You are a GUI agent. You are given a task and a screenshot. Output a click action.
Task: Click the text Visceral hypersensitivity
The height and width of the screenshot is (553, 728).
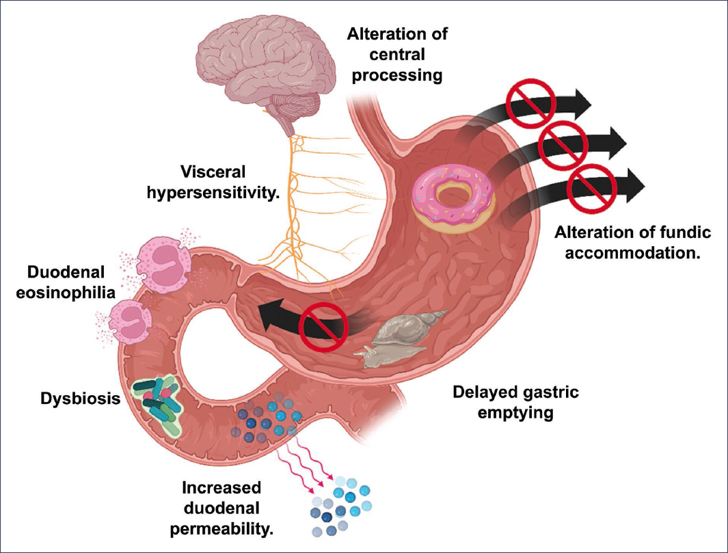213,183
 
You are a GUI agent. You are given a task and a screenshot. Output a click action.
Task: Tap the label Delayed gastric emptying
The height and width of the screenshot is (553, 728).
516,403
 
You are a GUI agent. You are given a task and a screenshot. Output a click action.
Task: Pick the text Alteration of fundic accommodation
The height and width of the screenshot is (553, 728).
633,241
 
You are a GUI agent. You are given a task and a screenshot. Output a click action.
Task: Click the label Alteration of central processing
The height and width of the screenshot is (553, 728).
394,53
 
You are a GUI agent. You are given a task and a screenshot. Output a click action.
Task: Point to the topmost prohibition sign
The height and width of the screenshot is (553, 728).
528,100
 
